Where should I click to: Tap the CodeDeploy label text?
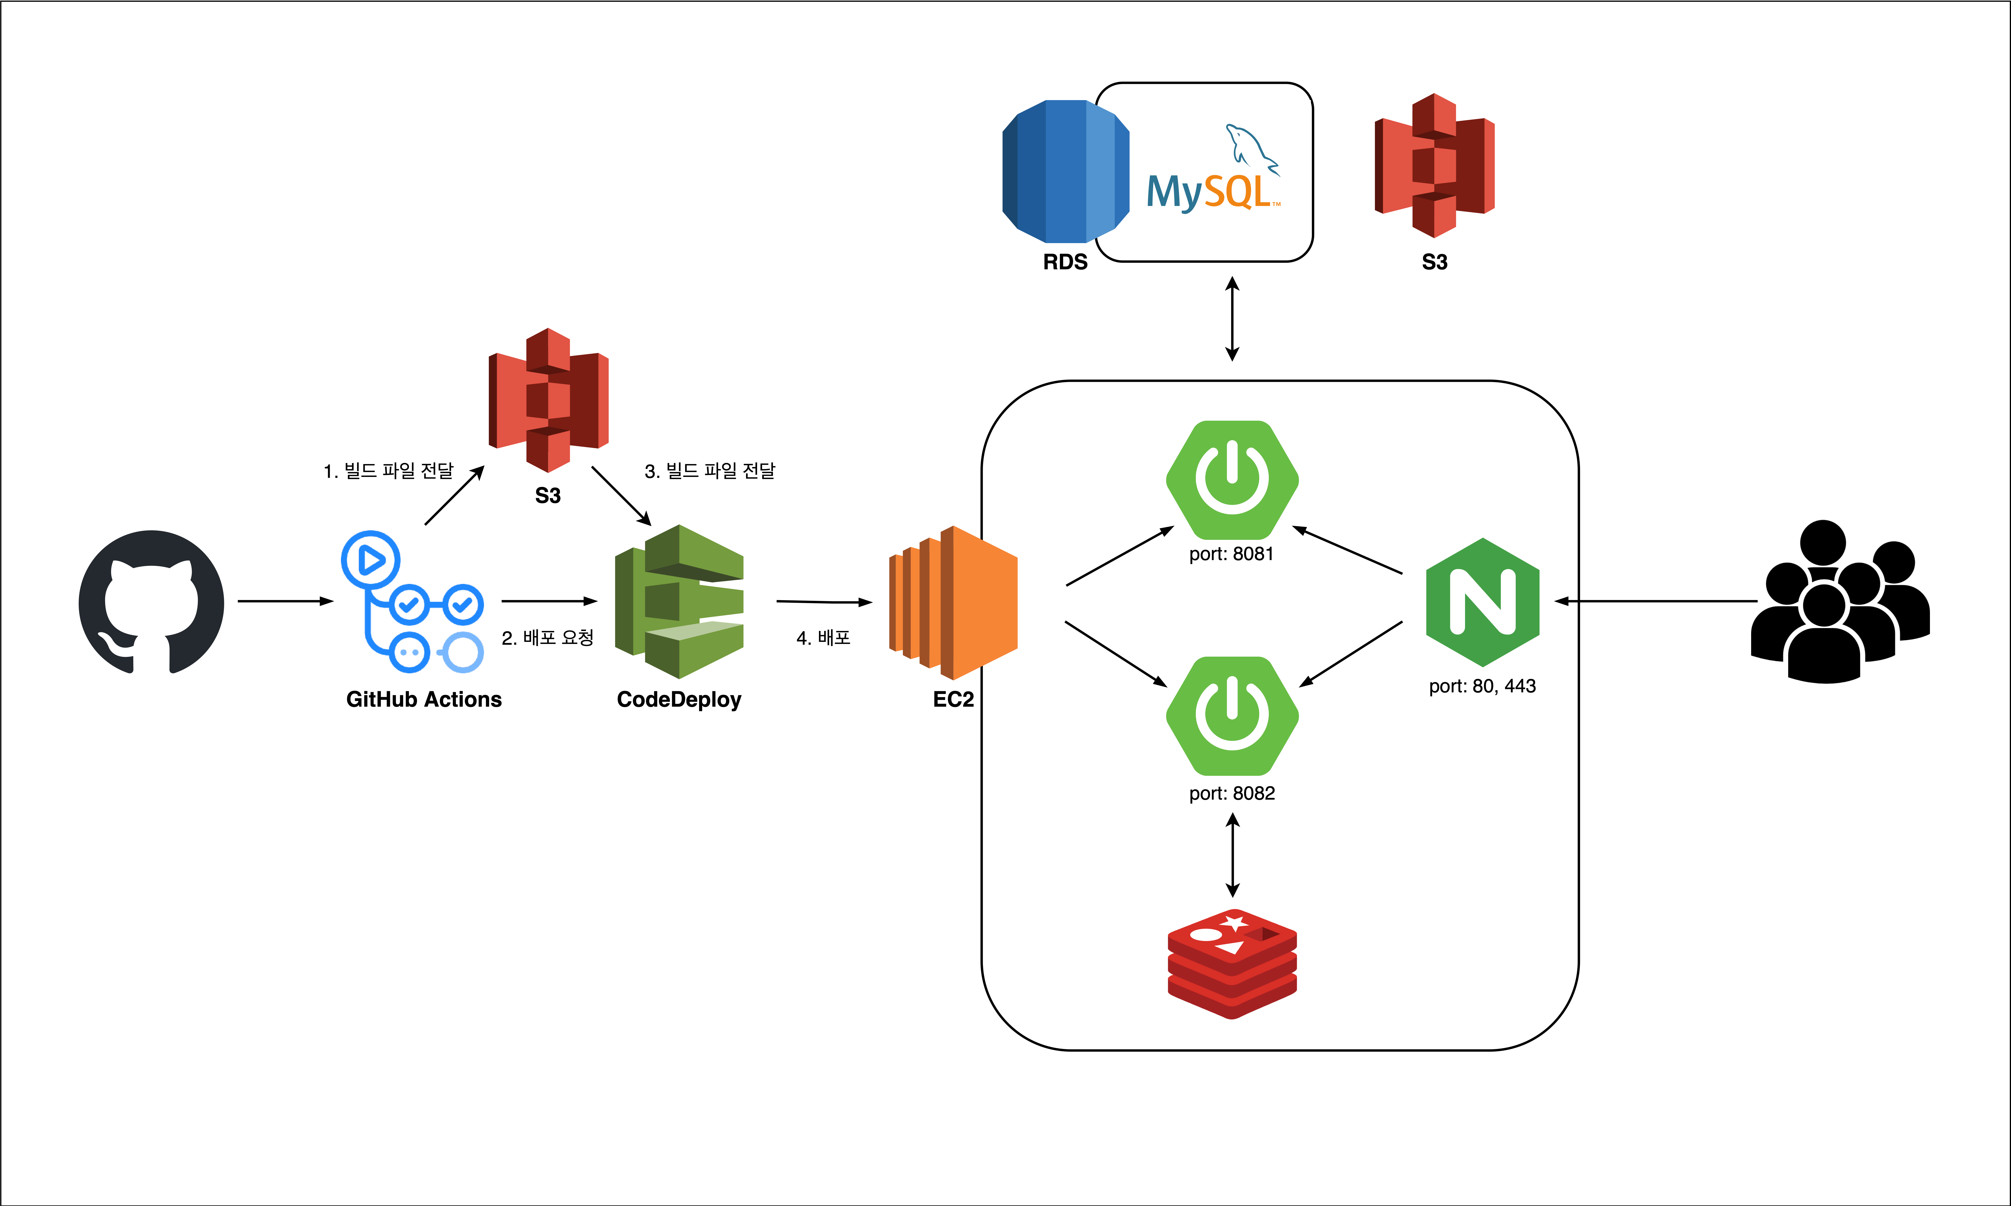tap(679, 700)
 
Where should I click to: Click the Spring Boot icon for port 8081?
tap(1232, 480)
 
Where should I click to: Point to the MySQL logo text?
tap(1211, 192)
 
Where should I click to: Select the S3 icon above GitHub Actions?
tap(549, 400)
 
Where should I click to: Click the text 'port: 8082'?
tap(1232, 793)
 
